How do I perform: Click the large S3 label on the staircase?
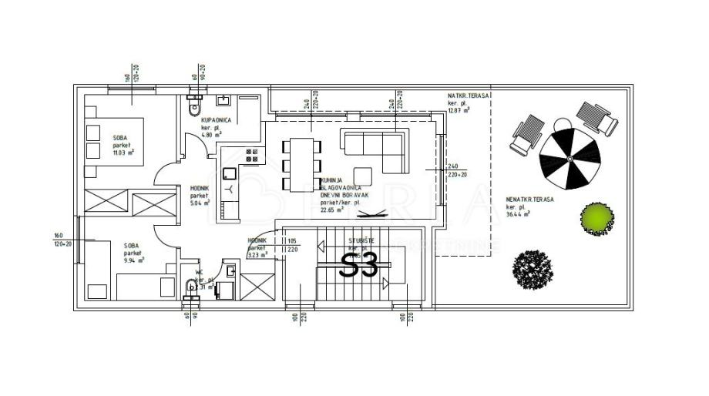coord(359,266)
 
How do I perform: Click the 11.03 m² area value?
coord(123,153)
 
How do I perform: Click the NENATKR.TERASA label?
coord(530,199)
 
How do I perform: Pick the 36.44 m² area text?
coord(520,215)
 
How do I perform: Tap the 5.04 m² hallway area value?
coord(200,206)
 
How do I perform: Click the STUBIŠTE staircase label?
coord(361,241)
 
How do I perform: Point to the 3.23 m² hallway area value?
coord(258,253)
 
